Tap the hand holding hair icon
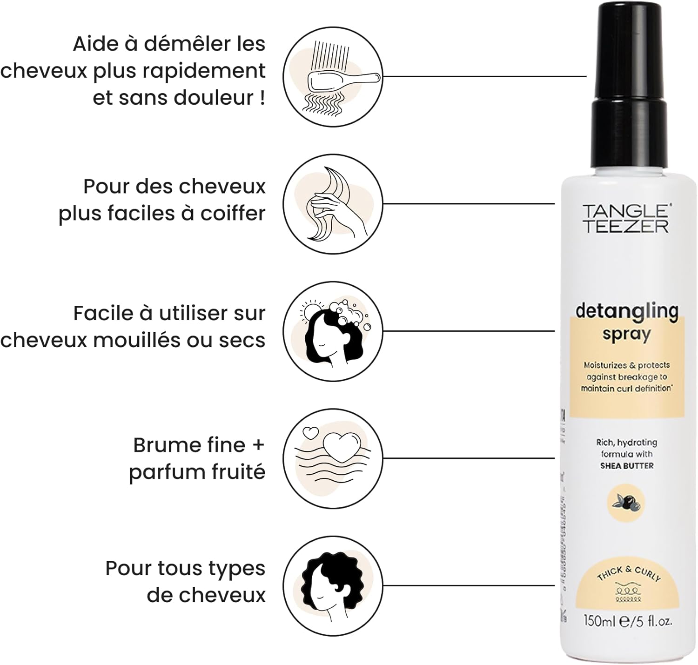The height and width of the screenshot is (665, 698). click(x=333, y=205)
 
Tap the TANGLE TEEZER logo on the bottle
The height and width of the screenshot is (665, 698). click(x=626, y=218)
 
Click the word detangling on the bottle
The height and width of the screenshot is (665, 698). click(x=626, y=311)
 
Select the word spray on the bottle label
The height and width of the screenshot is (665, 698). click(x=626, y=335)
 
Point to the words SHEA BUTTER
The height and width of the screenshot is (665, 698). click(x=626, y=466)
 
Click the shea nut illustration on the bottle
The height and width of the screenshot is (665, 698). click(x=626, y=503)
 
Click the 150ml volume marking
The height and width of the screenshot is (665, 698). click(x=599, y=621)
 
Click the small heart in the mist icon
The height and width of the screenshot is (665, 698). click(x=310, y=433)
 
